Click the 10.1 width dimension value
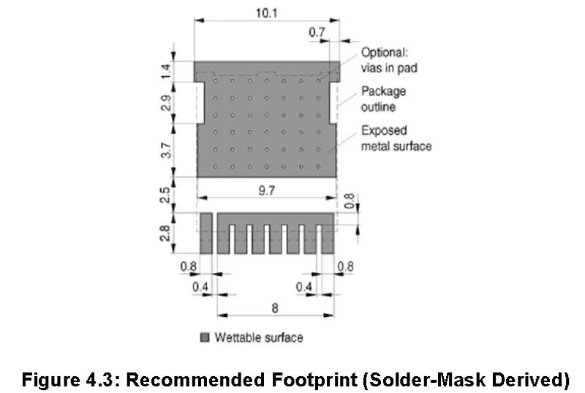click(266, 13)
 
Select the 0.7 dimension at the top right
click(317, 32)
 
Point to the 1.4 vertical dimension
click(166, 71)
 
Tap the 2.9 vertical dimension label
click(166, 102)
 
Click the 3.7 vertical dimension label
click(166, 150)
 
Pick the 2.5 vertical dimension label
click(165, 195)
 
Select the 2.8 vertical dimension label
click(165, 233)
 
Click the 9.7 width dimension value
click(267, 191)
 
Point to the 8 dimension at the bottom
click(275, 308)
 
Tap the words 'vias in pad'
click(389, 68)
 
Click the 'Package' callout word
click(383, 91)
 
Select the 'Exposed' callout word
click(384, 130)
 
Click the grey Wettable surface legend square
click(205, 337)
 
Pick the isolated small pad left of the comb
click(206, 233)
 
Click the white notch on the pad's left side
click(200, 102)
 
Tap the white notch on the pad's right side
click(333, 102)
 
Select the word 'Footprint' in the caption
click(314, 380)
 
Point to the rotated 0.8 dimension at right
click(349, 201)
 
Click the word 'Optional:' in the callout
click(385, 53)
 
